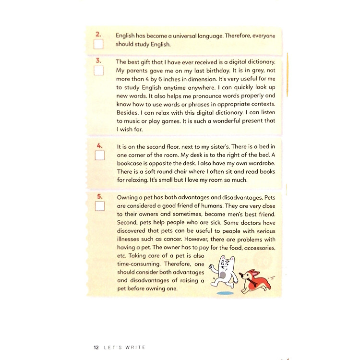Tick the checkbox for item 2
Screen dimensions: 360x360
[98, 45]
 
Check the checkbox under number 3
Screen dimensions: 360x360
[98, 71]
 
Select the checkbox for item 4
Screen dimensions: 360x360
[99, 156]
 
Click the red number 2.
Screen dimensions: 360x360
[98, 35]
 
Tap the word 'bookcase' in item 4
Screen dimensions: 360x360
[131, 163]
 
